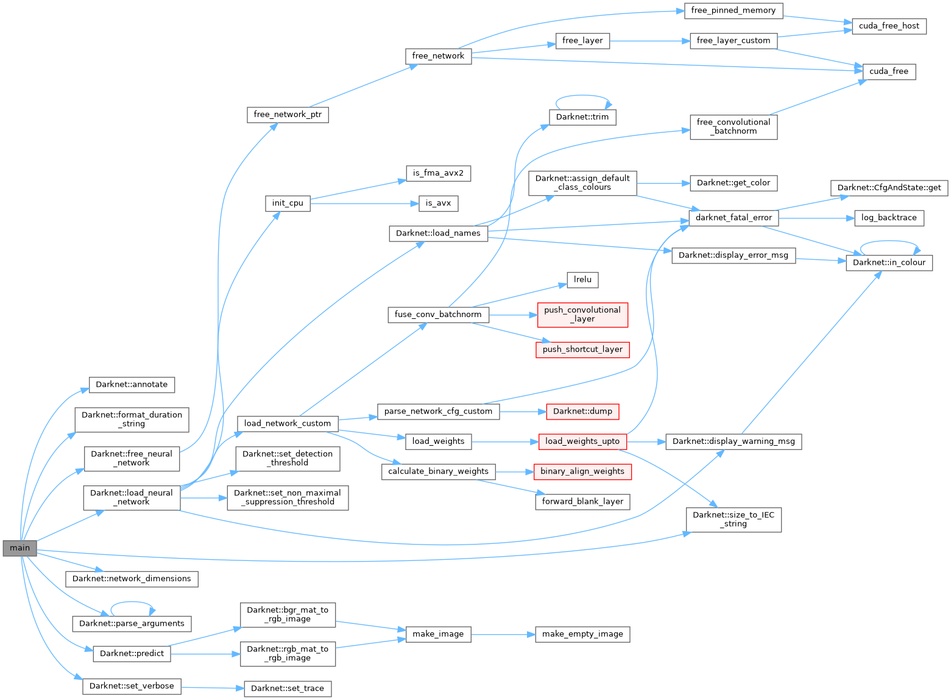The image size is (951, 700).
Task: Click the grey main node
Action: point(19,548)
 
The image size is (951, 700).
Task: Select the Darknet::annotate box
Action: point(132,385)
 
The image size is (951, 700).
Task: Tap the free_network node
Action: point(438,56)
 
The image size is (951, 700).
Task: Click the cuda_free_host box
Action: point(889,26)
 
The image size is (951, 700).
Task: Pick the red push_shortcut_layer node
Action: point(582,349)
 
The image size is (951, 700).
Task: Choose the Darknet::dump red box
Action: point(582,412)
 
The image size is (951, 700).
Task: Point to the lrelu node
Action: point(582,279)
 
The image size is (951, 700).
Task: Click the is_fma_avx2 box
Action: point(438,173)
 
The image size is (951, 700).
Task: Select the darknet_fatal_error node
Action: point(734,218)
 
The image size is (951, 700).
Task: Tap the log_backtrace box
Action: point(889,218)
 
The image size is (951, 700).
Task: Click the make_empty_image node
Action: point(582,634)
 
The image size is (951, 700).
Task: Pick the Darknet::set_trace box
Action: point(288,688)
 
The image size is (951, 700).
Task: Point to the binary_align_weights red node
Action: point(582,471)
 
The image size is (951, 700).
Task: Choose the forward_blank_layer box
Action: point(582,501)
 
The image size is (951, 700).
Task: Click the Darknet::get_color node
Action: point(734,182)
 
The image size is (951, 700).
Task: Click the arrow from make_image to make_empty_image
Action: point(503,634)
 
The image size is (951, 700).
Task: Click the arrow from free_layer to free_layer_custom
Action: point(649,41)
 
